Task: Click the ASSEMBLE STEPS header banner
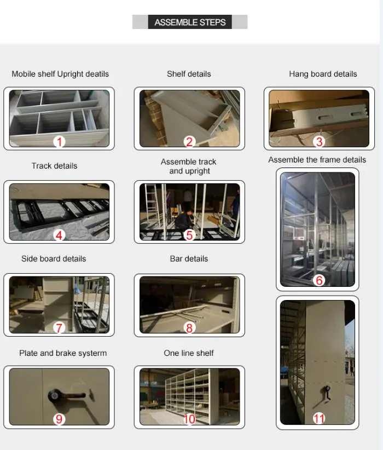click(x=190, y=22)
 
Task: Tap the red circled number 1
click(x=59, y=142)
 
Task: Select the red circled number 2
click(x=189, y=142)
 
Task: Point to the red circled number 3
click(x=319, y=142)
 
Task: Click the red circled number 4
click(x=59, y=235)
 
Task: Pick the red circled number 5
click(x=189, y=235)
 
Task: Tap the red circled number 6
click(x=319, y=280)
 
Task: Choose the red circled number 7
click(x=59, y=328)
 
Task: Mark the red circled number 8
click(x=189, y=328)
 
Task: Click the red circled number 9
click(x=59, y=419)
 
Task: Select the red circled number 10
click(x=189, y=419)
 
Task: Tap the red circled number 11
click(x=319, y=419)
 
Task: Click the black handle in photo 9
click(x=63, y=394)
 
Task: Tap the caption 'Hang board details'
click(x=323, y=74)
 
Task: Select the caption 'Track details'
click(x=54, y=166)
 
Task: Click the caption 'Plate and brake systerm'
click(x=63, y=353)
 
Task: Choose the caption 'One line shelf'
click(x=189, y=353)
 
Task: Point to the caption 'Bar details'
click(x=189, y=258)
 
